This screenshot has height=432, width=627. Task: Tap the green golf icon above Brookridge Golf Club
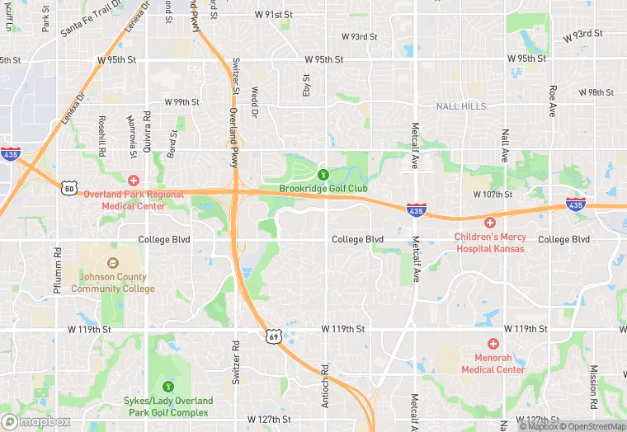tap(323, 175)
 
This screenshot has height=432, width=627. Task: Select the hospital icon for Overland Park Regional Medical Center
tap(133, 180)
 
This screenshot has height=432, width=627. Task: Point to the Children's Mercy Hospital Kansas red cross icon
tap(489, 223)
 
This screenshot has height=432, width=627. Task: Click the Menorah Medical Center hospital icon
tap(493, 343)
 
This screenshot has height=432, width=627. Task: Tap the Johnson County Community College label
tap(112, 284)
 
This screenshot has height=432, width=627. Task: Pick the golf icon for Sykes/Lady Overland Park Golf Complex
tap(169, 386)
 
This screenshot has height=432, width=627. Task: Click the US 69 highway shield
tap(273, 336)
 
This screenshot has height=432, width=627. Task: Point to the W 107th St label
tap(493, 195)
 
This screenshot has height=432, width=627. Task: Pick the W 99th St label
tap(182, 102)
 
